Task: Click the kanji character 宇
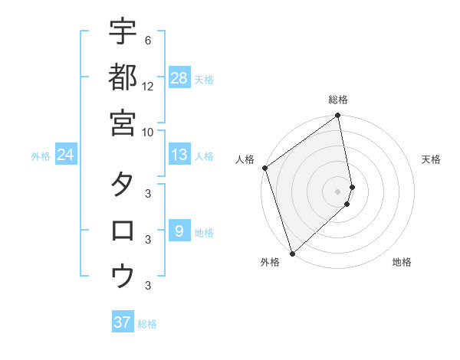[123, 31]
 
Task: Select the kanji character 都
[123, 77]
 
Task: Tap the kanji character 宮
[123, 123]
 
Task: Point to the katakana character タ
[123, 185]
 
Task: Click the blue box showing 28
[179, 78]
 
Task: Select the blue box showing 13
[179, 155]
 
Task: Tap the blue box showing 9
[179, 231]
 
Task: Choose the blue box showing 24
[66, 155]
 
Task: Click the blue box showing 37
[123, 322]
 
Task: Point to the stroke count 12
[148, 86]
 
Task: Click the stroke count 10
[148, 132]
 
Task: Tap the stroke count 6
[147, 40]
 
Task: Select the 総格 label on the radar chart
[338, 100]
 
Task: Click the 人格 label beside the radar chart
[245, 159]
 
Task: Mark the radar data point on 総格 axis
[338, 116]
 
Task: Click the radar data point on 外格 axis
[292, 253]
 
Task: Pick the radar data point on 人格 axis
[264, 168]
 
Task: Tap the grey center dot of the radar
[338, 191]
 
